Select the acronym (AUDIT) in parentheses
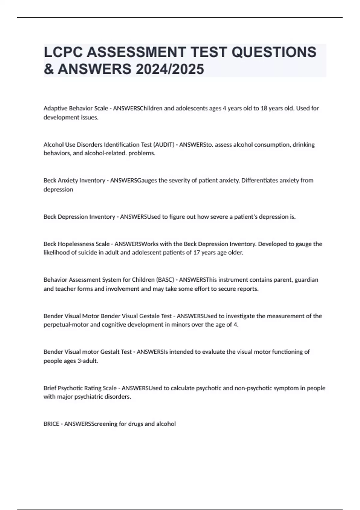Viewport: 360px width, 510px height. coord(163,145)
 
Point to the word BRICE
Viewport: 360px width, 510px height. coord(51,424)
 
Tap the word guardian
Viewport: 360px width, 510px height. coord(306,280)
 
